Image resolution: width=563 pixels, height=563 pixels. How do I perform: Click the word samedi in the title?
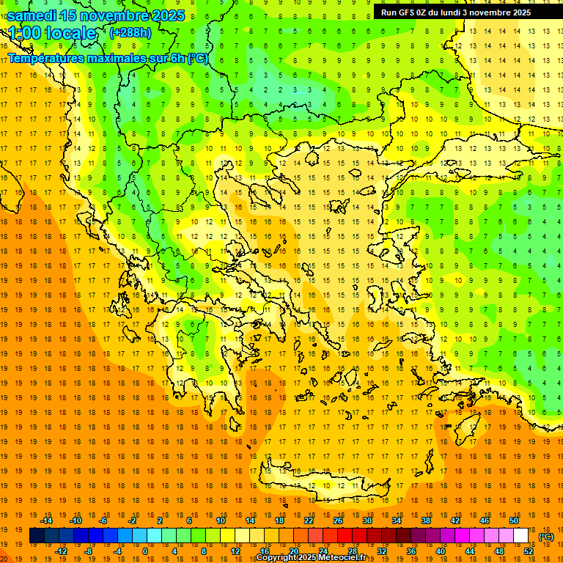(32, 15)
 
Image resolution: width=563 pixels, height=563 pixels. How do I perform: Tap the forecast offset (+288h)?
(130, 33)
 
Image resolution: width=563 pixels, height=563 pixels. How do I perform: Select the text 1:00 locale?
(53, 33)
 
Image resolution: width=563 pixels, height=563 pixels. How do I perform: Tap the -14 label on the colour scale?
(48, 520)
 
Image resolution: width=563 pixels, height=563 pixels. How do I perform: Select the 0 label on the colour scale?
(144, 551)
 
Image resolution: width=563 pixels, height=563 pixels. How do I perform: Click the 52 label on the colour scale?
(529, 551)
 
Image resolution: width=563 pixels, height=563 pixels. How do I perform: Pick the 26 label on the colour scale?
(338, 520)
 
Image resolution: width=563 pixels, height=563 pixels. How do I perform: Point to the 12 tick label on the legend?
(236, 551)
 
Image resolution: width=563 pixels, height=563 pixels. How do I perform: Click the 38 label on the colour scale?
(426, 520)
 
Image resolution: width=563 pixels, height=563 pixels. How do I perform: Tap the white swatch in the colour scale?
(520, 536)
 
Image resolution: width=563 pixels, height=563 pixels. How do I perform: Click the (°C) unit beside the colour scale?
(546, 537)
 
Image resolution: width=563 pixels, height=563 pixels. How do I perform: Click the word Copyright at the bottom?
(276, 558)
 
